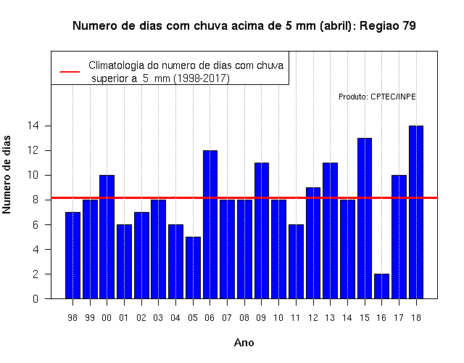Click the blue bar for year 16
tap(382, 286)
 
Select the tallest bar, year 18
tap(416, 212)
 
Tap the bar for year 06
tap(210, 224)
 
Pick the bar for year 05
tap(193, 268)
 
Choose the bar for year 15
tap(365, 219)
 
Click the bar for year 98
tap(72, 256)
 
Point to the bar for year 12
tap(313, 243)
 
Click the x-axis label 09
tap(261, 318)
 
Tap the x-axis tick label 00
tap(107, 318)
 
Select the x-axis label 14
tap(347, 318)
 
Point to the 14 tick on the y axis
tap(33, 126)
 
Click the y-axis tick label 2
tap(36, 274)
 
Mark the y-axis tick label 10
tap(33, 175)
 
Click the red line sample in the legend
tap(70, 72)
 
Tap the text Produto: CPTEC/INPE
tap(377, 97)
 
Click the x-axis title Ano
tap(244, 343)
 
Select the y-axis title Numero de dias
tap(7, 174)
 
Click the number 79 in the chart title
tap(409, 26)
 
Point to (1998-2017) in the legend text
tap(202, 78)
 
